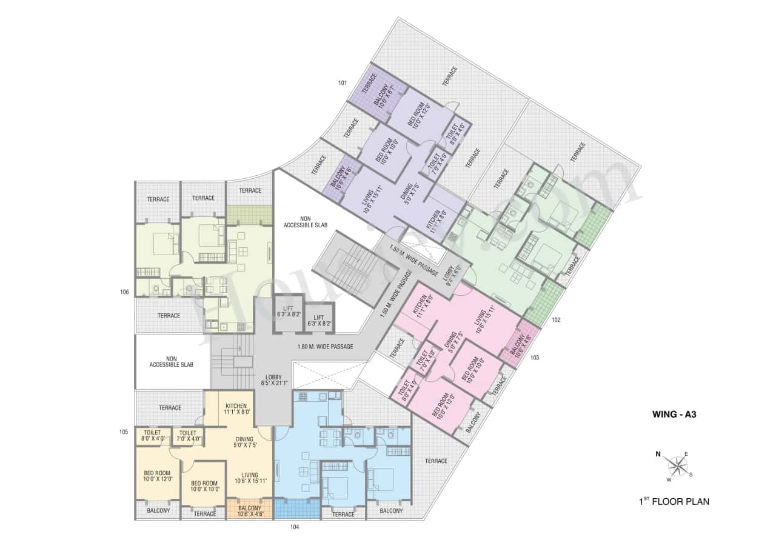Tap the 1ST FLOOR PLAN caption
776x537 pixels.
click(673, 501)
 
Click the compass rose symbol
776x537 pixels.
click(677, 465)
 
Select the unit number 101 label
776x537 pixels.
click(343, 82)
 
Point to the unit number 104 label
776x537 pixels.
click(295, 527)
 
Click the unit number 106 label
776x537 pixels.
click(125, 292)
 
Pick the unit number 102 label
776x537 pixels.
click(556, 319)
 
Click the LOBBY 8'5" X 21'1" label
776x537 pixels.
click(273, 380)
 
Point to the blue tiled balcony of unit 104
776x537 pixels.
click(296, 509)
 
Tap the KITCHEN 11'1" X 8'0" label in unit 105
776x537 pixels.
click(236, 409)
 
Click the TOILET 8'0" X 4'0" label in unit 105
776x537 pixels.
click(152, 435)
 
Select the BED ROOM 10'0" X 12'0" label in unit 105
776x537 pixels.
click(158, 476)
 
